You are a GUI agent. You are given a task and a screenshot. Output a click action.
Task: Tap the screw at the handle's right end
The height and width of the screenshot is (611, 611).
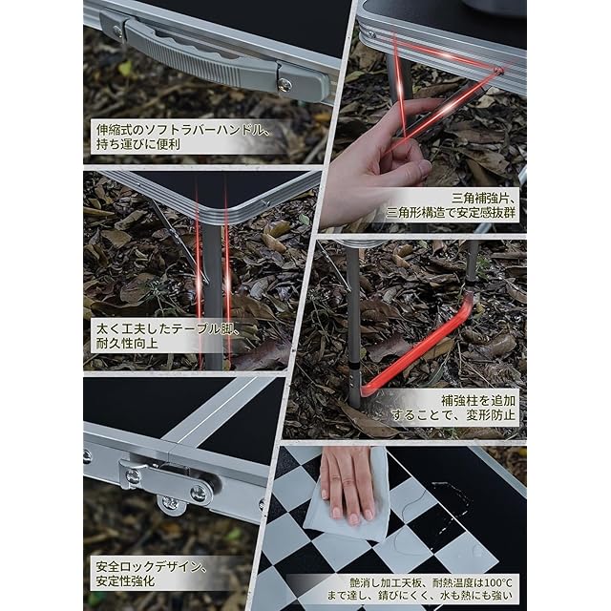284,85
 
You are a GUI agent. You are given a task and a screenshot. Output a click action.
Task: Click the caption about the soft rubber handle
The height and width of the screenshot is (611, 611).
182,137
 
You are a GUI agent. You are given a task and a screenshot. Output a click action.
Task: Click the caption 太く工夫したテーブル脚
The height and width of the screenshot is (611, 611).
168,328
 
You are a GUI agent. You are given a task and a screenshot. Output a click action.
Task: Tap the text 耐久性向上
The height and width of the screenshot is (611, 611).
127,344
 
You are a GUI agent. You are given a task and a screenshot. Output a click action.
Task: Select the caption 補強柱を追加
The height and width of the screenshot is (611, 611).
478,400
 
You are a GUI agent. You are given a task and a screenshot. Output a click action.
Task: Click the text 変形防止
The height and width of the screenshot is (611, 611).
491,415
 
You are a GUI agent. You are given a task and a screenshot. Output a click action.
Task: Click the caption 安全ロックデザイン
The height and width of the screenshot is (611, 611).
151,566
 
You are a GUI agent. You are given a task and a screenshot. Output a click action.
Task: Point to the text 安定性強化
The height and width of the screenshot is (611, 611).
125,581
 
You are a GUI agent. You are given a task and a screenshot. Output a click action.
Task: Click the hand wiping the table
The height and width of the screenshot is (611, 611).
347,483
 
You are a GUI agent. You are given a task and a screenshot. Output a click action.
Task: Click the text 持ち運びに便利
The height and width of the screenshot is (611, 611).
137,144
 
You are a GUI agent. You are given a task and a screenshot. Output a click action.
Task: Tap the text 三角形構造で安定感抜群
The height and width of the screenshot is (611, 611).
451,213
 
